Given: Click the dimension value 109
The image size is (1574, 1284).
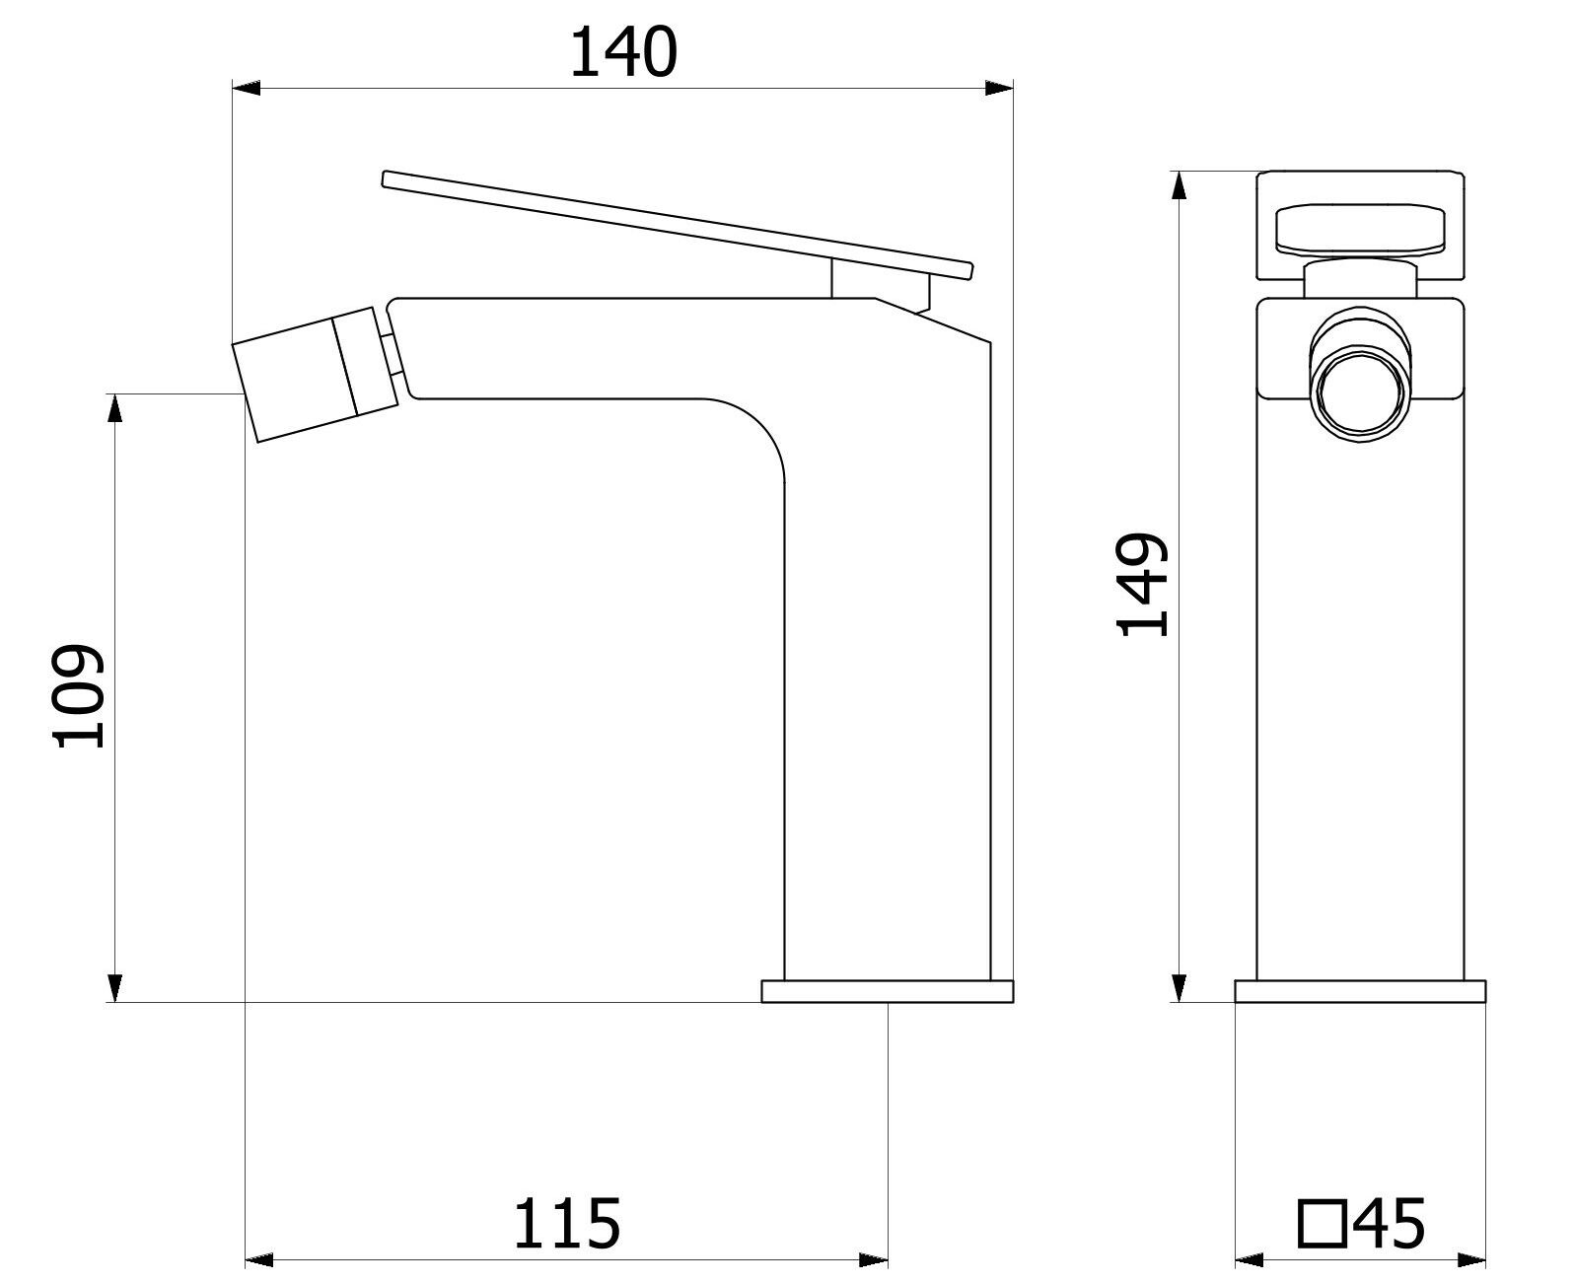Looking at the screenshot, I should tap(79, 697).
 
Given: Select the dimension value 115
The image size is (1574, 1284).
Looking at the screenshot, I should tap(566, 1225).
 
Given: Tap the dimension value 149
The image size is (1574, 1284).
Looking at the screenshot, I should tap(1142, 585).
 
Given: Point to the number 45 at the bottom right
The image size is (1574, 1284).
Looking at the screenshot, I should tap(1389, 1225).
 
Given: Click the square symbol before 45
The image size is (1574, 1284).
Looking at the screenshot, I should tap(1324, 1225).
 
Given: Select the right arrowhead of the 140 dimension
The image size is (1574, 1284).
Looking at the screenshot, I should tap(1000, 89).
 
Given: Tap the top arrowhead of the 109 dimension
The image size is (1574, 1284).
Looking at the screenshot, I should tap(115, 408).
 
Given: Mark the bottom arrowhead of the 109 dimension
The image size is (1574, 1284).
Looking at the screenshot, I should tap(115, 988).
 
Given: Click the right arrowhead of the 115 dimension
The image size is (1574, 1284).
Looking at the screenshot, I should tap(874, 1260).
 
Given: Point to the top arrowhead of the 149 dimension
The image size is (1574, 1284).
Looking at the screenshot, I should tap(1179, 185).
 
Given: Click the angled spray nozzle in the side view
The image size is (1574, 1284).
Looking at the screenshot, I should tap(314, 376).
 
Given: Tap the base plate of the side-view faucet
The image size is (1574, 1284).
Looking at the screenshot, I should tap(888, 991).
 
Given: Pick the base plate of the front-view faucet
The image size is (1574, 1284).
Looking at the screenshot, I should tap(1360, 991).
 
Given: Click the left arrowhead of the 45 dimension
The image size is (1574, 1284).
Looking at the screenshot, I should tap(1250, 1260).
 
